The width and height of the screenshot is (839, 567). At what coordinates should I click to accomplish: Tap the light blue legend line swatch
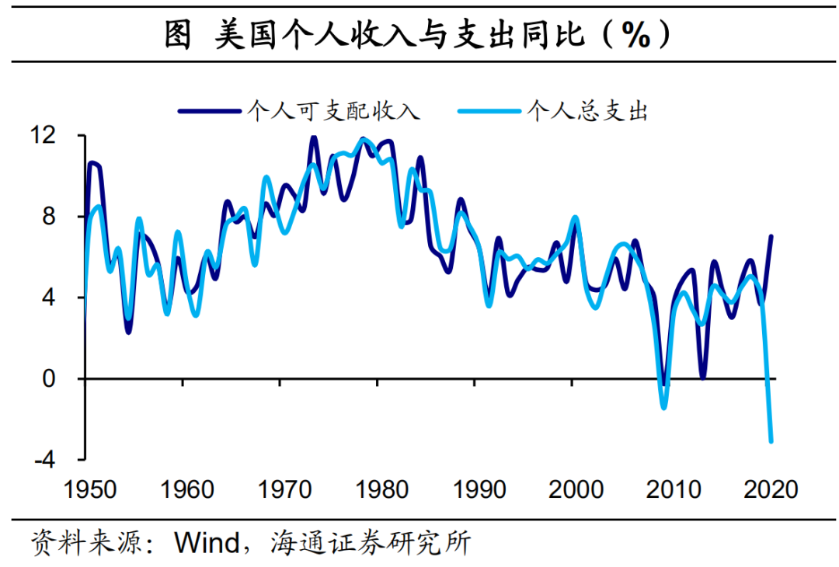[x=489, y=111]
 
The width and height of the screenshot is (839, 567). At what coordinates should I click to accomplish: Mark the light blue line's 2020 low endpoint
[x=771, y=441]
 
